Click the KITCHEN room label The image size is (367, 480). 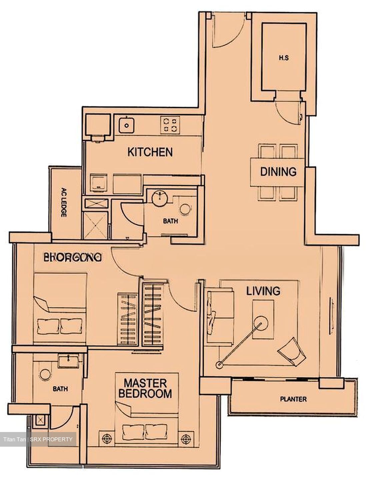tap(150, 152)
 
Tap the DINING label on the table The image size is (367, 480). tap(278, 172)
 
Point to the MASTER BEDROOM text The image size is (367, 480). tap(145, 388)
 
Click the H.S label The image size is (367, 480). tap(284, 58)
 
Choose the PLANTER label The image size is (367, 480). tap(293, 399)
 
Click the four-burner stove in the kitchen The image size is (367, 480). tap(170, 125)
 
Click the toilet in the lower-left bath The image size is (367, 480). tap(45, 374)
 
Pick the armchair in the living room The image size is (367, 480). tap(292, 352)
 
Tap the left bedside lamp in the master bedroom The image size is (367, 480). tap(107, 438)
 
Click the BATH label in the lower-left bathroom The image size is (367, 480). tap(60, 389)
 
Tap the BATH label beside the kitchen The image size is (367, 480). tap(170, 221)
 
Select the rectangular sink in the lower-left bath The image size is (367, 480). tap(69, 360)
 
